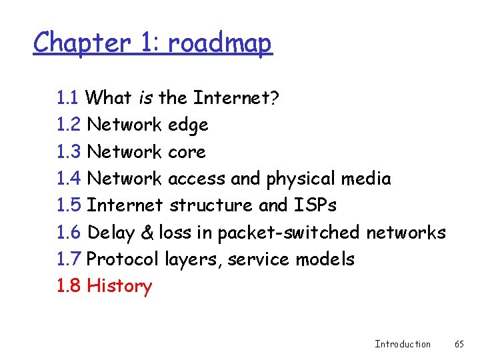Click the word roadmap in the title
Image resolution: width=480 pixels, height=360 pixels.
click(x=220, y=44)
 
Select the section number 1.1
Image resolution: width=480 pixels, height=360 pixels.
click(x=69, y=98)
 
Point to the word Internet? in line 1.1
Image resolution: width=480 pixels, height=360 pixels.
click(x=236, y=98)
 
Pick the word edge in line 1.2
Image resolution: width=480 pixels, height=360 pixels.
click(x=188, y=125)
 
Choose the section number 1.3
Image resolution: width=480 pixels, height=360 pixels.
click(x=69, y=152)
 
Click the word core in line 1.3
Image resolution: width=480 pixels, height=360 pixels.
click(x=187, y=152)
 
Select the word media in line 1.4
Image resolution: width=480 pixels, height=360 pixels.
click(x=365, y=179)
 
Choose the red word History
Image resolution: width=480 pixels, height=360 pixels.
click(x=119, y=286)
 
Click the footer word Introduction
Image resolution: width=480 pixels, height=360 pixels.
click(x=403, y=344)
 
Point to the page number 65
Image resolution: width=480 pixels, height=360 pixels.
click(x=459, y=344)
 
